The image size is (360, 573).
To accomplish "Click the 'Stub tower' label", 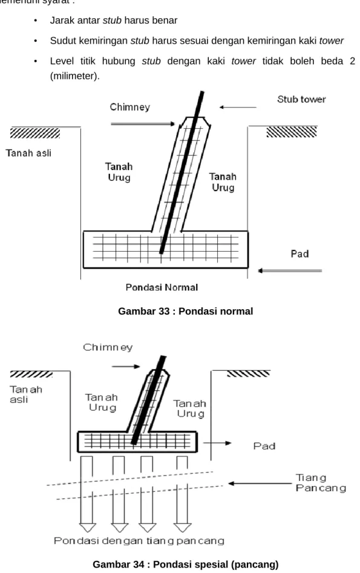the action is (x=301, y=99).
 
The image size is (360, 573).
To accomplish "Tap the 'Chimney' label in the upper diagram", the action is (x=129, y=107).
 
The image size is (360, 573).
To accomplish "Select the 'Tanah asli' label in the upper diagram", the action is (x=28, y=152).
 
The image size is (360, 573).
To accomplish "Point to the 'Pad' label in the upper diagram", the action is (x=299, y=254).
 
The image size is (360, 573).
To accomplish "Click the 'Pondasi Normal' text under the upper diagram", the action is (x=162, y=287).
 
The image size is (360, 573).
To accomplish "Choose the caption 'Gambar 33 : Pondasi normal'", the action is (x=185, y=311).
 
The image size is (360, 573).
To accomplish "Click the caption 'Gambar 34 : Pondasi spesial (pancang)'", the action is (x=185, y=565).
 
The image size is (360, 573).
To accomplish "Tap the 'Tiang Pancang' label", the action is (x=321, y=483).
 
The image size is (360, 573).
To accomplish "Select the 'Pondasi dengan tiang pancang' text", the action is (x=139, y=540).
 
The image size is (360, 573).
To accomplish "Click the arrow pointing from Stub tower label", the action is (x=238, y=107).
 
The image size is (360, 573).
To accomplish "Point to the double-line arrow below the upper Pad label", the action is (x=290, y=271).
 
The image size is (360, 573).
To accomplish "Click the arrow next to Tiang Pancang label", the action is (x=260, y=483).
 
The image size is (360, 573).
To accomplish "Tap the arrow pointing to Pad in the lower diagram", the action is (x=217, y=443).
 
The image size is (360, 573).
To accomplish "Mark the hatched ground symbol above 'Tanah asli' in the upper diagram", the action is (x=34, y=133).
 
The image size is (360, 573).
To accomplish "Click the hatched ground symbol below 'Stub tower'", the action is (x=292, y=131).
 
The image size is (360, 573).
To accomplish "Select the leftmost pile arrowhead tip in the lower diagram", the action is (x=87, y=532).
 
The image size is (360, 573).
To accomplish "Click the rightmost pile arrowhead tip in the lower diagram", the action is (x=182, y=532).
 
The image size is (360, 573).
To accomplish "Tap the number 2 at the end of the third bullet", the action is (x=352, y=61).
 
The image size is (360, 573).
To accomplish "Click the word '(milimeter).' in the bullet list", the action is (x=75, y=76).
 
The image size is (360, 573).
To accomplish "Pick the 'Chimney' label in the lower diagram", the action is (x=108, y=347).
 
